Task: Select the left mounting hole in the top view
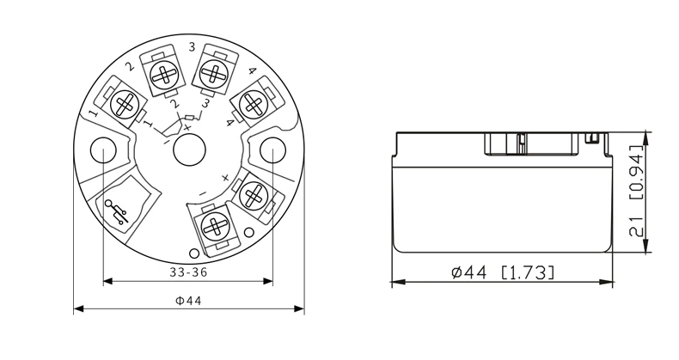pos(103,149)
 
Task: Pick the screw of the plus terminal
pos(253,195)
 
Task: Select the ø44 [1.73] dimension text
pos(503,272)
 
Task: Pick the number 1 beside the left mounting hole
pos(93,113)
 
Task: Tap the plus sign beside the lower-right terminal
pos(225,178)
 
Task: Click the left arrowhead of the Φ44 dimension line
pos(77,308)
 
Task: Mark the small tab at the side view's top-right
pos(592,136)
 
